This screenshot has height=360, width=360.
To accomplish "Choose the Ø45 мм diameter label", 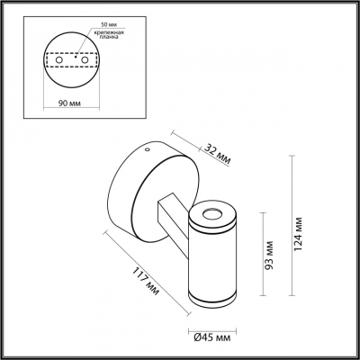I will coord(214,337).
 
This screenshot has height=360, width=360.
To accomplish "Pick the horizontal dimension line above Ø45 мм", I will coord(214,325).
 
